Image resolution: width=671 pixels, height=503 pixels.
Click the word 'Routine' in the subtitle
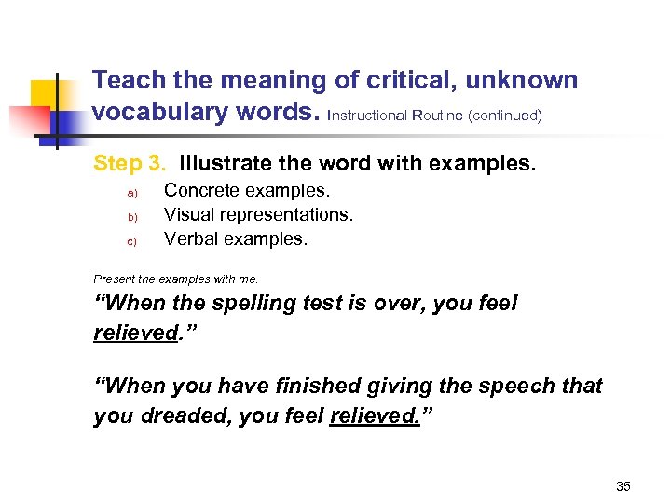point(438,116)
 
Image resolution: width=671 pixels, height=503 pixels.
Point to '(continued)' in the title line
point(504,116)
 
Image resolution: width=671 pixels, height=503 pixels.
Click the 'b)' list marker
point(131,217)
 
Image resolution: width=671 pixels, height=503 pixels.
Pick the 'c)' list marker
point(131,241)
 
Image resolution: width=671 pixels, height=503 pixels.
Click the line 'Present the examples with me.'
point(175,279)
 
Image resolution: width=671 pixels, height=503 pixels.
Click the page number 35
point(623,486)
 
